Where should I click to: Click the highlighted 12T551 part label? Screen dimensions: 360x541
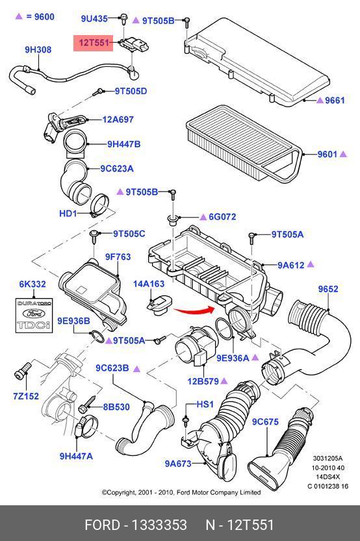[93, 43]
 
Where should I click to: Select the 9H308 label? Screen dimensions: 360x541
[38, 49]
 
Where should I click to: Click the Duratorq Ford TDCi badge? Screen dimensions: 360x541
[34, 316]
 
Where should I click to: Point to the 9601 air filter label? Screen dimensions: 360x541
[328, 154]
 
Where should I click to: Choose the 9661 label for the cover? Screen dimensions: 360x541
[335, 101]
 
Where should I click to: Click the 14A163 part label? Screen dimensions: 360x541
[149, 284]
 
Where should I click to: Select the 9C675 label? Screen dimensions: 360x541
[265, 421]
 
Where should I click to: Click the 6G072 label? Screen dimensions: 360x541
[222, 217]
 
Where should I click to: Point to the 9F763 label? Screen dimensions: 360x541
[118, 257]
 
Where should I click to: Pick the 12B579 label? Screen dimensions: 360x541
[203, 381]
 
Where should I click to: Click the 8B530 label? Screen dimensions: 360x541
[116, 407]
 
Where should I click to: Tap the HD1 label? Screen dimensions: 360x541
[68, 213]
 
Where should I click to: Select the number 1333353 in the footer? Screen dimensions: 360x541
[159, 525]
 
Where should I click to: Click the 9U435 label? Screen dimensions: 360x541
[94, 18]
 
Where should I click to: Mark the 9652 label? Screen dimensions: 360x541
[328, 289]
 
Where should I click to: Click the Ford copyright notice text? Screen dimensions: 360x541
[181, 492]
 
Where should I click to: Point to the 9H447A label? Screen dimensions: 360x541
[76, 456]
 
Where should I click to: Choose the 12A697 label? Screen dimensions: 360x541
[118, 120]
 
